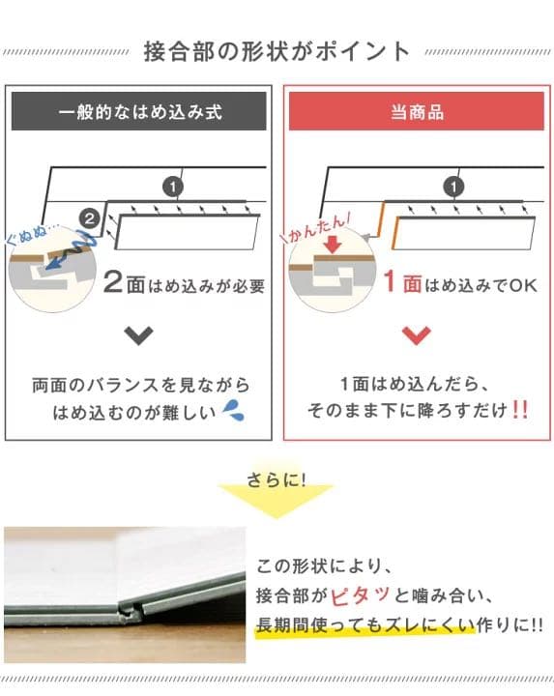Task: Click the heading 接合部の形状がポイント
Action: (277, 50)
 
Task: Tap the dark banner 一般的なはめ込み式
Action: (139, 112)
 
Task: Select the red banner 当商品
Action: (417, 112)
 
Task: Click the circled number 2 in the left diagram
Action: (89, 220)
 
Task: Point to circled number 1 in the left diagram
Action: (171, 185)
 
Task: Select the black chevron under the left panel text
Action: (139, 335)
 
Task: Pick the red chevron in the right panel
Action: (417, 335)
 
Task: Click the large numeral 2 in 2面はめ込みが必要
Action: (114, 284)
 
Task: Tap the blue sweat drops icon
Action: (233, 411)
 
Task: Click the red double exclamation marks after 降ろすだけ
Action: (519, 410)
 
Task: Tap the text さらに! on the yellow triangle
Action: (277, 478)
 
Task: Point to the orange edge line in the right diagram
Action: (382, 219)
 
